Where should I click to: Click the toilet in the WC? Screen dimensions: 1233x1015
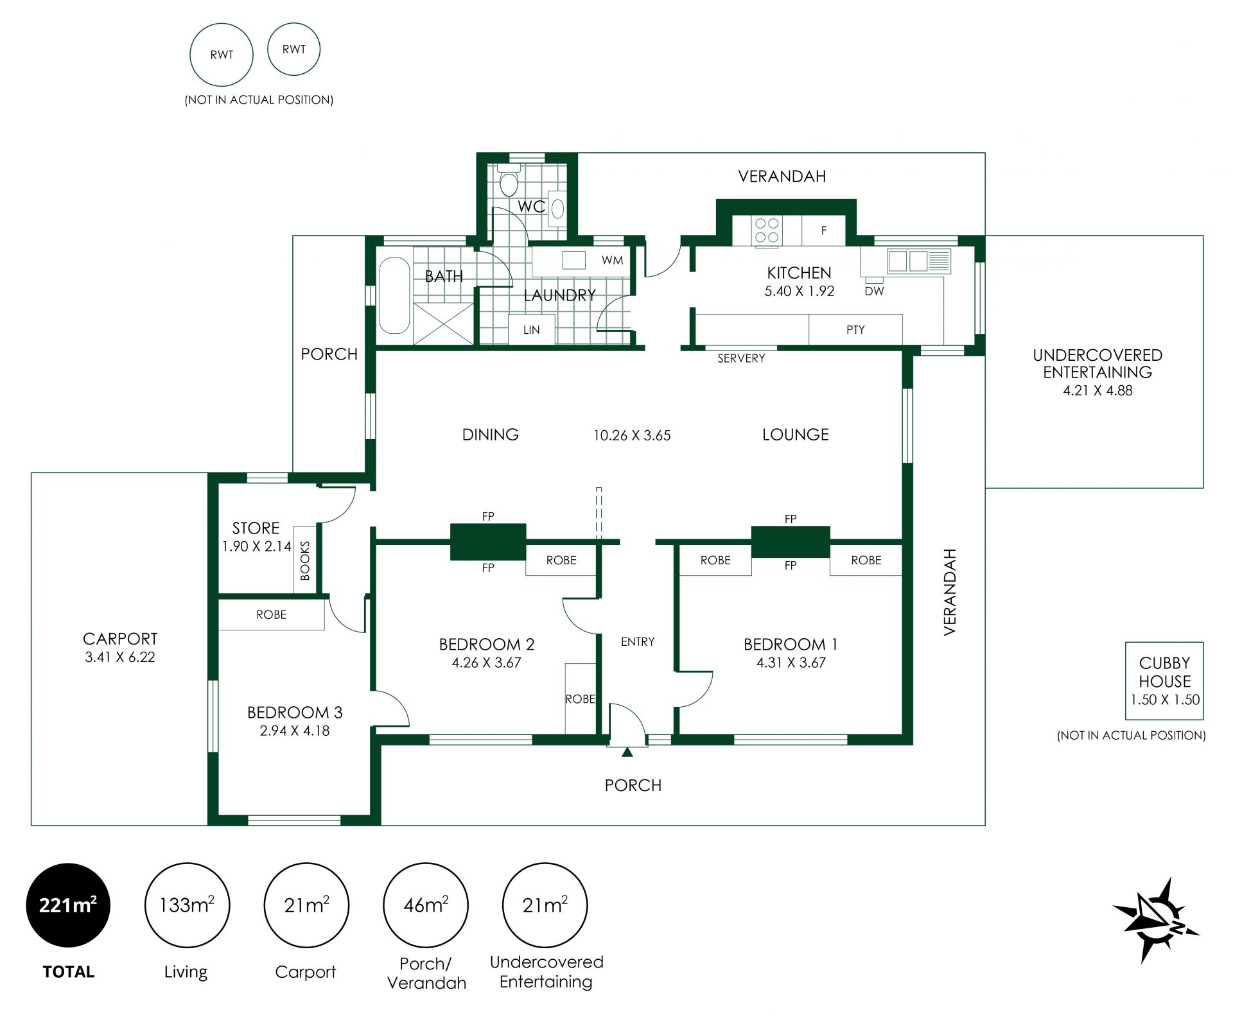point(509,179)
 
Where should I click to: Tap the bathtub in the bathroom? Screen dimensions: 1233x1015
point(394,296)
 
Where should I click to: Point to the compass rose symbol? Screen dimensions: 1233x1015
point(1155,919)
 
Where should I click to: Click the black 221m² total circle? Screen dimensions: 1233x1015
point(68,905)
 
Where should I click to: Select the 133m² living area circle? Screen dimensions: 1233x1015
point(187,905)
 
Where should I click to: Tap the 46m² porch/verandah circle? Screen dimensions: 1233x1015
point(426,905)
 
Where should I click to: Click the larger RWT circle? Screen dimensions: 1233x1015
point(222,55)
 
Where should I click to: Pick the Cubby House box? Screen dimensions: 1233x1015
point(1164,681)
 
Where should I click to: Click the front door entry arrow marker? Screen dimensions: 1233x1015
point(627,752)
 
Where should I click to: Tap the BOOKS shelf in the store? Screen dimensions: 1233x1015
point(305,560)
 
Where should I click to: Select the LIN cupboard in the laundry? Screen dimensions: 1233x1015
point(532,330)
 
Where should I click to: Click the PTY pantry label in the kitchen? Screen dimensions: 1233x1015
point(855,330)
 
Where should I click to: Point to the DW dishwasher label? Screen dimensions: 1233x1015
point(874,291)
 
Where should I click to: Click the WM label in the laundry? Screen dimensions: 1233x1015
point(612,260)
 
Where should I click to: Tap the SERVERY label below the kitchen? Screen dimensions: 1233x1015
point(741,358)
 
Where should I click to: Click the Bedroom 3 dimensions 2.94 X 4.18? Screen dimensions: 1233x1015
point(295,731)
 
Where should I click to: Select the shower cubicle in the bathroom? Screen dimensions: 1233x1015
point(444,323)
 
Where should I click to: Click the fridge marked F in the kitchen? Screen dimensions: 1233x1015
point(823,230)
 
